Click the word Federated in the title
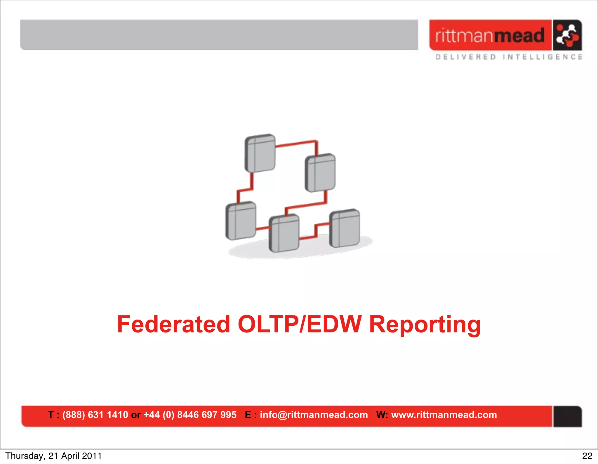click(173, 324)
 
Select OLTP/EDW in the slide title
click(300, 324)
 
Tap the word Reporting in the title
click(425, 325)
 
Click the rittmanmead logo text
click(490, 35)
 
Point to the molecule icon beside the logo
click(567, 35)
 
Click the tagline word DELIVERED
click(466, 57)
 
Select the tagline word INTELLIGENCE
click(543, 57)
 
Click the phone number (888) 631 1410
click(95, 415)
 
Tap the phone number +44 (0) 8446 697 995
click(190, 415)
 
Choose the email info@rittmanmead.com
click(314, 415)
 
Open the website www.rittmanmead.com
click(444, 415)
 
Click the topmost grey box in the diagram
click(260, 153)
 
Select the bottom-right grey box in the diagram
click(345, 228)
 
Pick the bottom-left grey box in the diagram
click(241, 221)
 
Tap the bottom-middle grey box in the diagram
click(284, 233)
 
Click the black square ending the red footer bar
click(567, 416)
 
